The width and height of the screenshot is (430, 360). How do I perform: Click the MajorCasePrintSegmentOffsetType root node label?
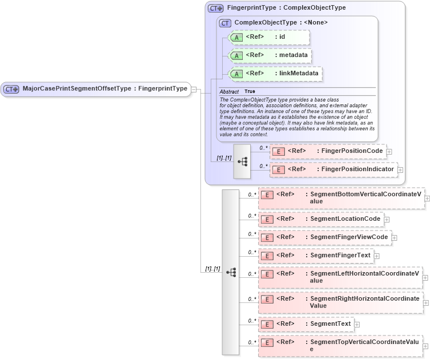(x=105, y=89)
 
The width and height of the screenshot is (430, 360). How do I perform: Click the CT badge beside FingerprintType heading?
(x=215, y=9)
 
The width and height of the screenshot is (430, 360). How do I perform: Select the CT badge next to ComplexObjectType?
(x=225, y=23)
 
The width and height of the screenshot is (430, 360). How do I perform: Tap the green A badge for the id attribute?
(x=236, y=38)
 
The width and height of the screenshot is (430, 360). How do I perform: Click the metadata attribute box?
(x=270, y=55)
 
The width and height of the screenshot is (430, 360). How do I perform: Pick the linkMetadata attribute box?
(x=275, y=74)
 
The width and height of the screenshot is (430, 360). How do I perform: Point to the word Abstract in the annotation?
(x=229, y=91)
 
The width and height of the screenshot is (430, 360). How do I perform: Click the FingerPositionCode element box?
(x=328, y=151)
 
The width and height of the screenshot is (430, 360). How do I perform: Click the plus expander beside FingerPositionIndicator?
(x=400, y=170)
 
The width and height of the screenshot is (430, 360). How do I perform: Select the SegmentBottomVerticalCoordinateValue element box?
(x=341, y=198)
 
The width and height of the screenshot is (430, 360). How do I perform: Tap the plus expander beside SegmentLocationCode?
(x=387, y=219)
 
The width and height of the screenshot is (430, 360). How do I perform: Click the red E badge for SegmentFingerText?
(x=267, y=256)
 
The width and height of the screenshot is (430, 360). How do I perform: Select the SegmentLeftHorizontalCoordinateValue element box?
(x=340, y=277)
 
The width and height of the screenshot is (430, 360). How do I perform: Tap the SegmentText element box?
(x=306, y=324)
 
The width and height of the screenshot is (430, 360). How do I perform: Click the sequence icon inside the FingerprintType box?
(x=242, y=161)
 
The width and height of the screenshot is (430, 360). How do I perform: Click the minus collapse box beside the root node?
(x=194, y=89)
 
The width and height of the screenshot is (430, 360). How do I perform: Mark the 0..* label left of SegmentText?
(x=251, y=321)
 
